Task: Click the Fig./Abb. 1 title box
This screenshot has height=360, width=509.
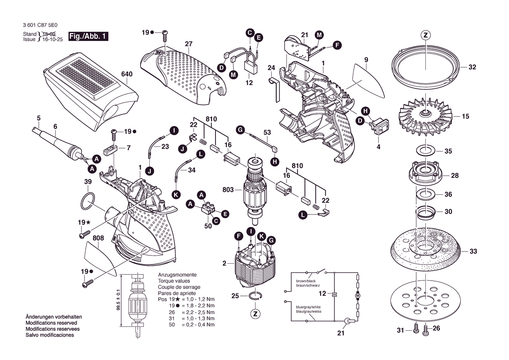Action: coord(88,36)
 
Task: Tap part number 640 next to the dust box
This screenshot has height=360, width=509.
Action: coord(127,74)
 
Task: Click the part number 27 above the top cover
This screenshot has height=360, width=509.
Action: coord(189,44)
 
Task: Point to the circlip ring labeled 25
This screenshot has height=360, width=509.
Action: coord(256,295)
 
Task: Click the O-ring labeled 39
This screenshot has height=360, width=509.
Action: coord(88,201)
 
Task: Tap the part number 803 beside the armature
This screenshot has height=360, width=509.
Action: coord(228,190)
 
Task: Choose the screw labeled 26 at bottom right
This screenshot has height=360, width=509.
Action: coord(425,330)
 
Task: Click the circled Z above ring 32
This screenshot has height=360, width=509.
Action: coord(425,35)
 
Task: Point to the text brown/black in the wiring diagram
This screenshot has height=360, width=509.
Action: coord(306,281)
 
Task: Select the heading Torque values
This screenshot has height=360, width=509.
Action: coord(174,281)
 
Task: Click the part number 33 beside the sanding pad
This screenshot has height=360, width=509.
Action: coord(473,251)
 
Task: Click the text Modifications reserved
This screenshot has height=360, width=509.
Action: coord(51,323)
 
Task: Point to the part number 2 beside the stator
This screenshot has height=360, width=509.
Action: coord(224,263)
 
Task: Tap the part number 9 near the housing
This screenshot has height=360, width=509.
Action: coord(366,60)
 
